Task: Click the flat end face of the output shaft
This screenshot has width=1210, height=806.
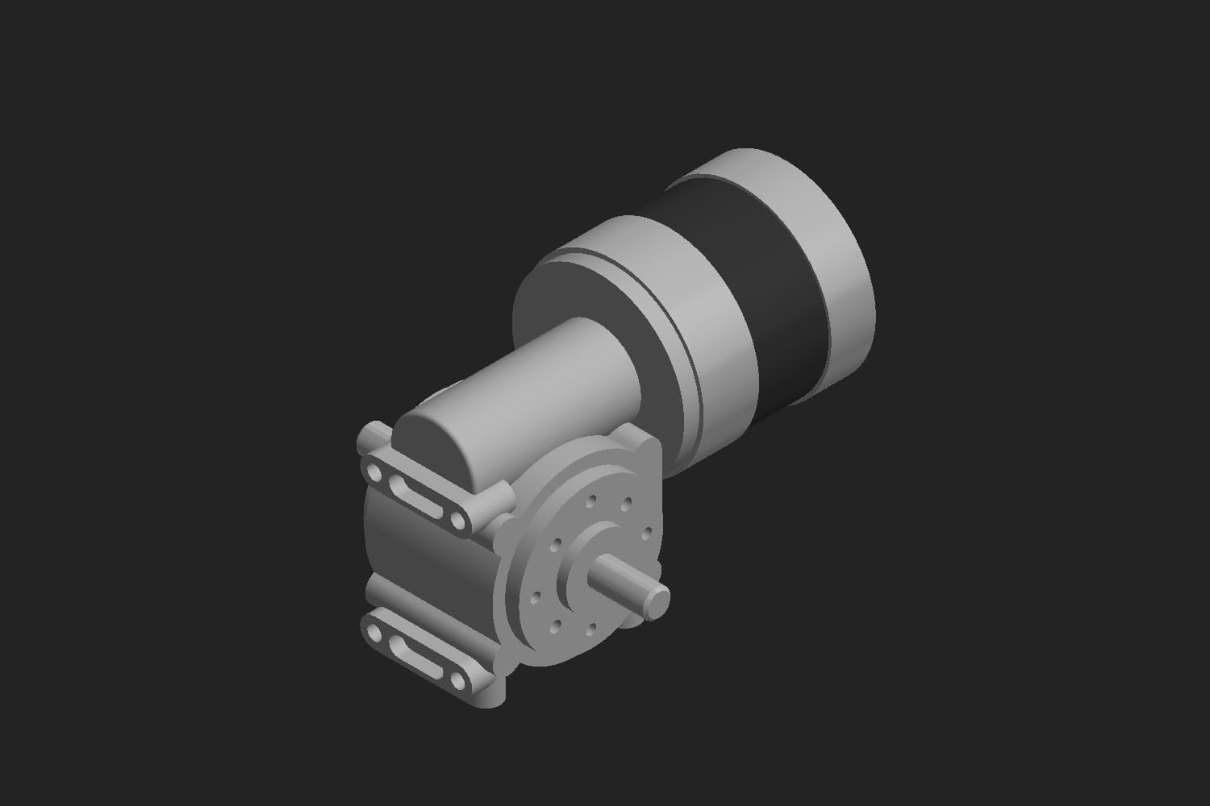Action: (x=660, y=598)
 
